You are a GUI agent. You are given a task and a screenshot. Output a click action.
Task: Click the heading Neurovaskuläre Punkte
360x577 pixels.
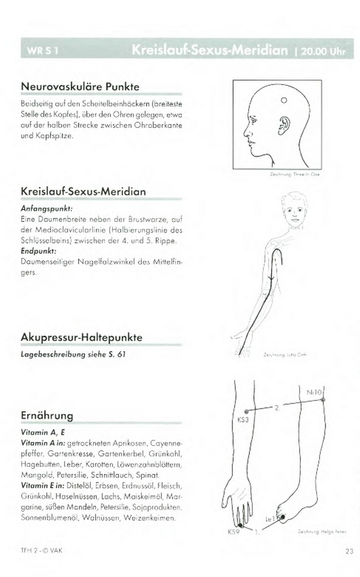pos(80,87)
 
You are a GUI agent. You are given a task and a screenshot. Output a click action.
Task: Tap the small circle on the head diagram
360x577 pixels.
pos(283,100)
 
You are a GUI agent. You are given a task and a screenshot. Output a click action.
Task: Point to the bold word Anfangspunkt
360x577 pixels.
pos(47,210)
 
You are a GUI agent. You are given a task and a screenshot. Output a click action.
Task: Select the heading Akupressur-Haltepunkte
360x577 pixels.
pos(81,338)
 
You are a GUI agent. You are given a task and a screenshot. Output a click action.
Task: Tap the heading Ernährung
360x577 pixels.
pos(47,415)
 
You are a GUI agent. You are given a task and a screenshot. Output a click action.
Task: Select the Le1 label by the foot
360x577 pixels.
pos(270,519)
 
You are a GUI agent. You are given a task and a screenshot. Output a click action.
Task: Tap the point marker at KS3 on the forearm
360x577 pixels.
pos(246,412)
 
